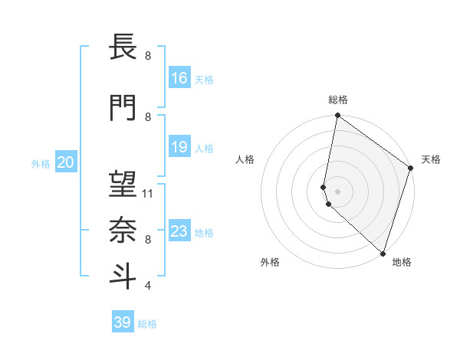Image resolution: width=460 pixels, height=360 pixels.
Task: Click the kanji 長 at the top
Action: click(122, 49)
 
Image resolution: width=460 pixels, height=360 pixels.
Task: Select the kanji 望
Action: click(122, 185)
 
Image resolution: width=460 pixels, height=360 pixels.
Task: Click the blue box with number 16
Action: click(179, 78)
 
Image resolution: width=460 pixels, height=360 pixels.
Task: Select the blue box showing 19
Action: click(179, 147)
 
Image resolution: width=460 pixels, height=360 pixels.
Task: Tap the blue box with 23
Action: click(179, 231)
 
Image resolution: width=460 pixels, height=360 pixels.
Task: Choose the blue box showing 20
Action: click(66, 162)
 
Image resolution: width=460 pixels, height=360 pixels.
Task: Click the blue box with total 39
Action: click(123, 322)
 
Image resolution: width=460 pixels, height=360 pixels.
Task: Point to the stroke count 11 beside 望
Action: click(148, 194)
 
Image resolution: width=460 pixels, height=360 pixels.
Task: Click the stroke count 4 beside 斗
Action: click(148, 286)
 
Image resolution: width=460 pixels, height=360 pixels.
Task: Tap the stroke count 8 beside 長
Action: click(148, 56)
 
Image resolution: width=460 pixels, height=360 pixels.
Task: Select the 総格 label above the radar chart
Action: click(338, 100)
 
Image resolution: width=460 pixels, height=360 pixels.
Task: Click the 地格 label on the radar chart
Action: click(402, 262)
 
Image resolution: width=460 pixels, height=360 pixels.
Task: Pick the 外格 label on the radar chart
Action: click(270, 262)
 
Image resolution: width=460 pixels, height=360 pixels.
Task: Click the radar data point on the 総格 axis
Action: click(337, 116)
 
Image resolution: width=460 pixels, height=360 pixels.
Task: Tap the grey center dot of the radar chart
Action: click(337, 191)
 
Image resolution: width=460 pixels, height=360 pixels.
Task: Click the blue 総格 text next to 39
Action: click(147, 324)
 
